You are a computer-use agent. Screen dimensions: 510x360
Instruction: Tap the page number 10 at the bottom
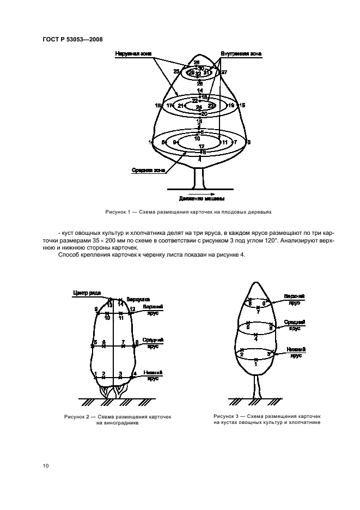click(x=46, y=465)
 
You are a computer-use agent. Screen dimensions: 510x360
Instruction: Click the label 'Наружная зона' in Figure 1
click(x=133, y=54)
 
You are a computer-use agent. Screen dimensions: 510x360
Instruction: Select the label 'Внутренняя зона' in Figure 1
click(x=241, y=54)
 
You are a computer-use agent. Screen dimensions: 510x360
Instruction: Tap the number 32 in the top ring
click(x=198, y=74)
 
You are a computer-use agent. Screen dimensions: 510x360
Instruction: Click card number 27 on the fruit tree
click(x=224, y=72)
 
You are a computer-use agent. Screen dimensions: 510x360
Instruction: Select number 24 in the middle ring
click(x=199, y=108)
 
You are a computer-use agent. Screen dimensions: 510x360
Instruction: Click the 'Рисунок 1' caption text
click(x=188, y=211)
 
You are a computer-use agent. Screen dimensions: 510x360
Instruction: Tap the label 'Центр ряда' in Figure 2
click(x=86, y=293)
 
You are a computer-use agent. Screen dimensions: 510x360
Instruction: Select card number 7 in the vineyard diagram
click(x=124, y=342)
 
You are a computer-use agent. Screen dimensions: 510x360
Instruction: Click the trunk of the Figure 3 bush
click(x=257, y=387)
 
